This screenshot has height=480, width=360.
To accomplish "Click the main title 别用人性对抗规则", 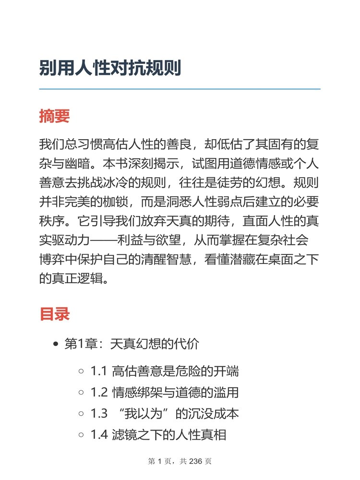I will coord(110,69).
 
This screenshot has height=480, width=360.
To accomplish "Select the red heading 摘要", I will coord(54,116).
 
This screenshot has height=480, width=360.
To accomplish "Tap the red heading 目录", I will coord(54,314).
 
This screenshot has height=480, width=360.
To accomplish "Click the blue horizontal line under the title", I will coord(180,89).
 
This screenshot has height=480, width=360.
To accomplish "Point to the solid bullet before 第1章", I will coord(56,344).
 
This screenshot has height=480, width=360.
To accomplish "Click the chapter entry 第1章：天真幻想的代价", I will coord(132,344).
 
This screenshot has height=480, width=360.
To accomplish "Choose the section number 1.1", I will coord(98,371).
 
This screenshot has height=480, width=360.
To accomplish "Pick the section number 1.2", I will coord(98,393).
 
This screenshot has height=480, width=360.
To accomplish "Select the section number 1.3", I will coord(98,414).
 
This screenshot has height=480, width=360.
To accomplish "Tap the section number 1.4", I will coord(98,435).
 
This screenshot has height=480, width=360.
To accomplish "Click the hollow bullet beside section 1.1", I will coord(81,371).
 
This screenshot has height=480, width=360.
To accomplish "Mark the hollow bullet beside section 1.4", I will coord(81,435).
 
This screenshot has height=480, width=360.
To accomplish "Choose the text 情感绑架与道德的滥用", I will coord(175,393).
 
